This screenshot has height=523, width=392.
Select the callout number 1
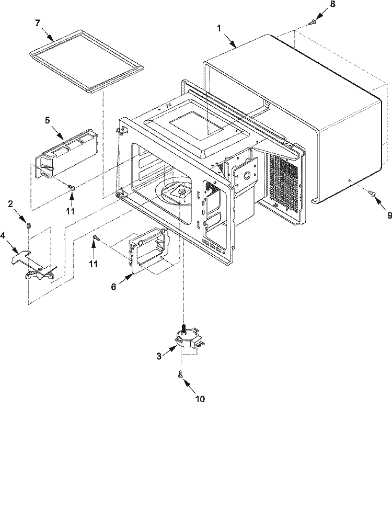coord(219,28)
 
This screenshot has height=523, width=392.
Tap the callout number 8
coord(332,4)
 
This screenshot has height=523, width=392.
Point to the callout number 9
coord(389,215)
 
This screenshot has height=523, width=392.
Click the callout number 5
coord(48,120)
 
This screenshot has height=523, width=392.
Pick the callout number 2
coord(10,204)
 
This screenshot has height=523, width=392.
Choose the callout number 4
coord(3,235)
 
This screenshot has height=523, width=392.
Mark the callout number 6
coord(113,287)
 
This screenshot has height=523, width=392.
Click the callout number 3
coord(159,356)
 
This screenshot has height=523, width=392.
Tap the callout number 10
coord(200,399)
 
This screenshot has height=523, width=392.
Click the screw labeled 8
coord(313,22)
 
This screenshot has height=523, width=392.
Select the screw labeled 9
coord(372,192)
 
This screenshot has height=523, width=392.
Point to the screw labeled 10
coord(180,375)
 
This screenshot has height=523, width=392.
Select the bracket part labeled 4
coord(33,264)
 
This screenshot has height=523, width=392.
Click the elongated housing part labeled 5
coord(68,153)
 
